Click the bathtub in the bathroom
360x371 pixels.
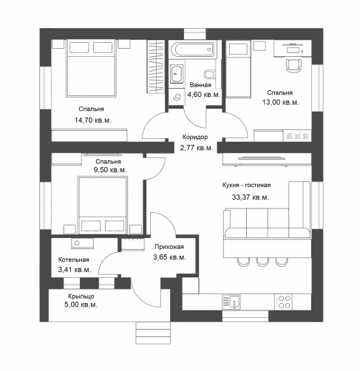click(192, 50)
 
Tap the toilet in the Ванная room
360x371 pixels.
click(210, 74)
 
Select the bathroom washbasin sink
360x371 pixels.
click(177, 74)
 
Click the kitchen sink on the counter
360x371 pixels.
click(231, 302)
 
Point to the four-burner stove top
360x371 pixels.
click(284, 302)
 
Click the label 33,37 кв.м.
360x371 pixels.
click(250, 197)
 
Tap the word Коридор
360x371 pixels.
click(195, 137)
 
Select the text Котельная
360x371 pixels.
click(73, 259)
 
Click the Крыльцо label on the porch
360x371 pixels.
click(81, 296)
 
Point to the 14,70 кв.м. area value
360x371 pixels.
click(93, 120)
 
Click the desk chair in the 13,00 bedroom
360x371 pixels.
click(293, 65)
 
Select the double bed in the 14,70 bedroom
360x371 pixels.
click(91, 68)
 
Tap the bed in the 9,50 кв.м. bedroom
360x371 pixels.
click(102, 205)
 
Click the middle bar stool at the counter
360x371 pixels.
click(262, 262)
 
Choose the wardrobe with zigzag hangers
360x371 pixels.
click(156, 67)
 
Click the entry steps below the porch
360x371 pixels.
click(153, 333)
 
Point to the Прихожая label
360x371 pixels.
click(169, 247)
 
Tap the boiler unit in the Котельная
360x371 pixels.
click(82, 243)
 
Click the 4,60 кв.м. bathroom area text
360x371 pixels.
click(204, 95)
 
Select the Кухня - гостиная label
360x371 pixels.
click(246, 185)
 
